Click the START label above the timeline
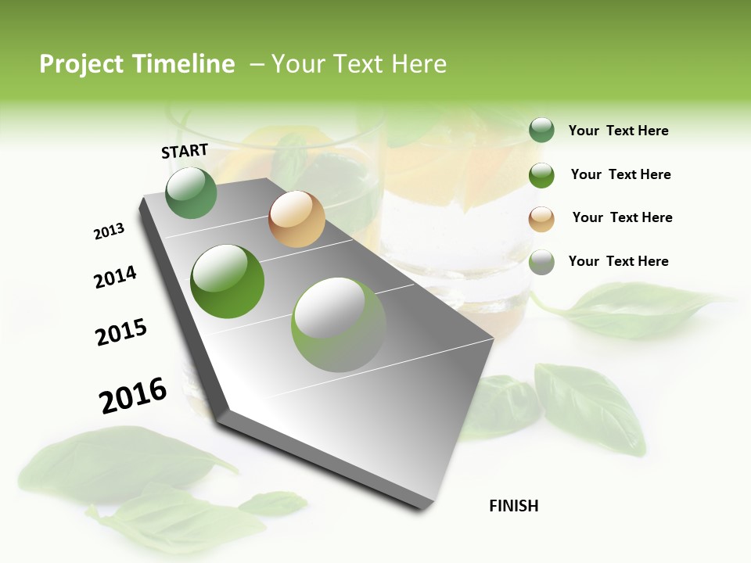(185, 151)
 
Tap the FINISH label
(514, 506)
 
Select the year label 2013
(109, 231)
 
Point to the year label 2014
(115, 277)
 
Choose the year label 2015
(121, 332)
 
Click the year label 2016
(133, 396)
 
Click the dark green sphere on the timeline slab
(192, 193)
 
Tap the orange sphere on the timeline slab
(296, 219)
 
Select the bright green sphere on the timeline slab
(228, 281)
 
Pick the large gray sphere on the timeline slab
(339, 325)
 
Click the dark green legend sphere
(541, 131)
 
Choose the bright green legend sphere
(541, 175)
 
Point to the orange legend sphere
(541, 219)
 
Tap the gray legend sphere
(541, 262)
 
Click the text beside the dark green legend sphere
(618, 131)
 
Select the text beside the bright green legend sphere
(620, 174)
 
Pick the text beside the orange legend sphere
(622, 217)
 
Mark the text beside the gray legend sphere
(618, 261)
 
